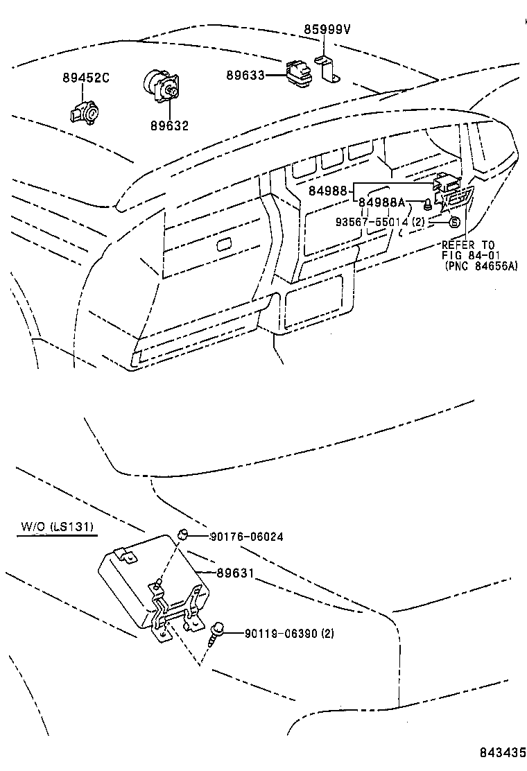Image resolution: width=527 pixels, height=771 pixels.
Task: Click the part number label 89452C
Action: click(86, 78)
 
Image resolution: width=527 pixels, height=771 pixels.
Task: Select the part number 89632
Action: click(169, 125)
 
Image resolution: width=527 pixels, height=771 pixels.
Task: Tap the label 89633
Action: click(245, 74)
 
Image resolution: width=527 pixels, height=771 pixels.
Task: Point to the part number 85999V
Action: click(327, 29)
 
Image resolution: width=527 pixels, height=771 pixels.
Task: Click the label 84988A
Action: click(381, 202)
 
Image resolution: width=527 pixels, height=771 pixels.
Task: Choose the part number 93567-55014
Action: click(372, 222)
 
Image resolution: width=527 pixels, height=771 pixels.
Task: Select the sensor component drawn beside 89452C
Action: click(83, 111)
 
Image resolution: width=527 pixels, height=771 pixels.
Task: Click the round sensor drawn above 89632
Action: click(159, 86)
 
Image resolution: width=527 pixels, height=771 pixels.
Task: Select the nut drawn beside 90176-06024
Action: click(183, 535)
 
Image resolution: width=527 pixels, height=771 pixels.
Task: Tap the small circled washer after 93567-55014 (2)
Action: click(453, 222)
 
